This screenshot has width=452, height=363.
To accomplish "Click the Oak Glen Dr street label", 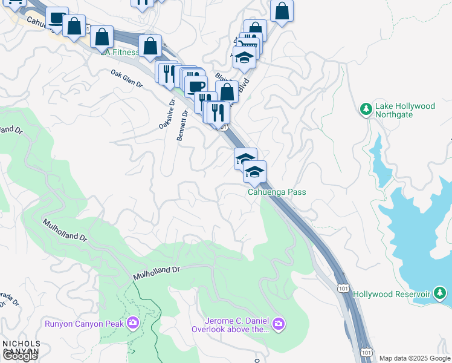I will click(x=126, y=79).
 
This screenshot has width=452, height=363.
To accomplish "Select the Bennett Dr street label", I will click(x=182, y=126).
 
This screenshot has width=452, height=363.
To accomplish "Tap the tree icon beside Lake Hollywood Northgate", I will click(x=366, y=110).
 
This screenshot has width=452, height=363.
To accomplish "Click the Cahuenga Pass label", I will click(x=277, y=192).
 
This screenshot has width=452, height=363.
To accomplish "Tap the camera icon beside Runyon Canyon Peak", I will click(x=132, y=323).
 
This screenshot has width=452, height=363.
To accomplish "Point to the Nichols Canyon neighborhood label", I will click(x=21, y=347).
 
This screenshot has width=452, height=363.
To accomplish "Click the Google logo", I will click(x=20, y=356).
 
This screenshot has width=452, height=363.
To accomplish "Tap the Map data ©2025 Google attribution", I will click(x=415, y=358).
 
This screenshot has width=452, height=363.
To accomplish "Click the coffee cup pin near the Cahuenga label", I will click(x=57, y=18).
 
